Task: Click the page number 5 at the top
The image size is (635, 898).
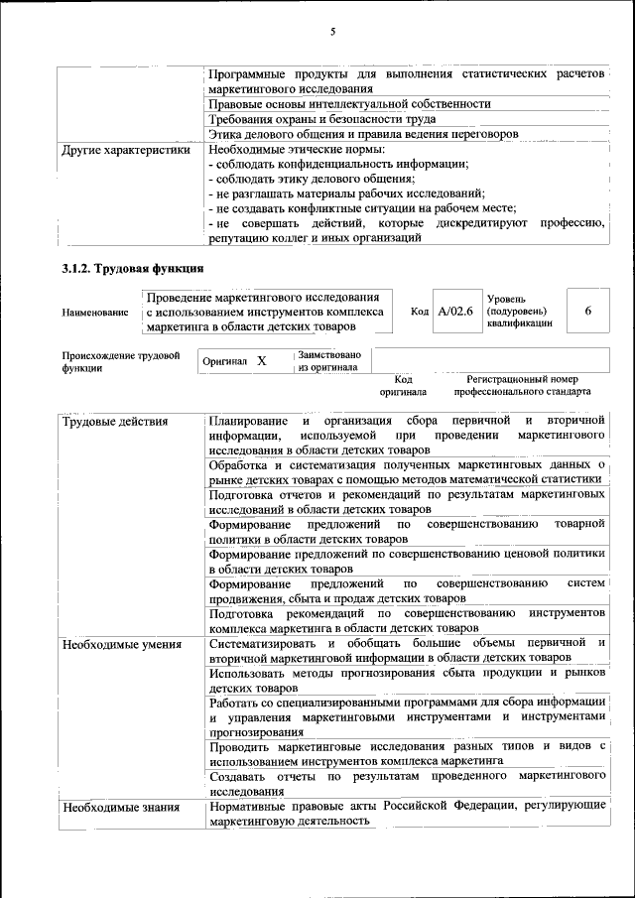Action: (x=332, y=32)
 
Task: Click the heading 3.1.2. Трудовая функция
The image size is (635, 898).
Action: (x=133, y=269)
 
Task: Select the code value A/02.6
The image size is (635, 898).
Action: (x=455, y=312)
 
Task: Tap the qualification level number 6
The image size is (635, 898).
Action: (x=588, y=311)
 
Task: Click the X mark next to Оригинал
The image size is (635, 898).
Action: (x=262, y=361)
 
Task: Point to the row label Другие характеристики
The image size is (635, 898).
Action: (x=125, y=150)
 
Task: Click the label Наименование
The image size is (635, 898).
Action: (x=95, y=313)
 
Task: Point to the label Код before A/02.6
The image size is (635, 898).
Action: (x=420, y=312)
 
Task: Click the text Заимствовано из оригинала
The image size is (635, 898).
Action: (x=329, y=360)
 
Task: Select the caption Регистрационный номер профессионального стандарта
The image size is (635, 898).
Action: (x=523, y=385)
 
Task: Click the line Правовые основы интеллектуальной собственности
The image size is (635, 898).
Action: (x=350, y=103)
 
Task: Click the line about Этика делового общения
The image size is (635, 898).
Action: (x=363, y=134)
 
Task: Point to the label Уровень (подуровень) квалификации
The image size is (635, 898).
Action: (x=519, y=312)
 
